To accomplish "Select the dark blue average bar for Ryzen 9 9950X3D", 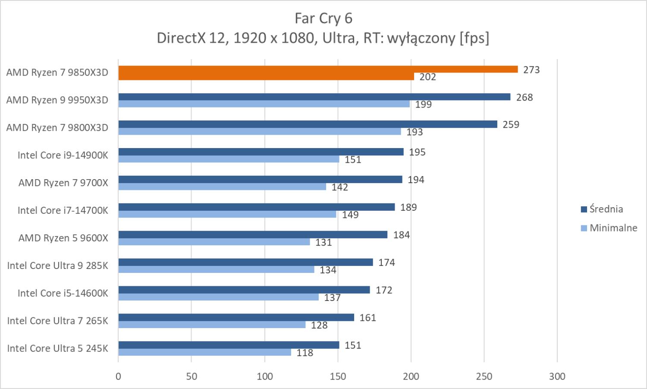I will (314, 97).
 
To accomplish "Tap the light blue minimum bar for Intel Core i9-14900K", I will (229, 159).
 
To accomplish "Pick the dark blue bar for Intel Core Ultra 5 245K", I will (229, 345).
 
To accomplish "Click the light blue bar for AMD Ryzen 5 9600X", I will (214, 242).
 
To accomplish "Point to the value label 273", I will (531, 70).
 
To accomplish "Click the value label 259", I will (511, 125).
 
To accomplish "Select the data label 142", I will (339, 187).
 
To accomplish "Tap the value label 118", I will (305, 353).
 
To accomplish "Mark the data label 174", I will (386, 262).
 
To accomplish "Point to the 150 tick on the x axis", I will (338, 376).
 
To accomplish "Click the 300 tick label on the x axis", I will (557, 376).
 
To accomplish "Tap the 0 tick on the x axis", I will (119, 376).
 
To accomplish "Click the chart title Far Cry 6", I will (323, 19).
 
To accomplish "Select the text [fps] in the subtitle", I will (474, 38).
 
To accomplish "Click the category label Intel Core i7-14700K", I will (63, 210).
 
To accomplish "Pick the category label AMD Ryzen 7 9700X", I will (63, 183).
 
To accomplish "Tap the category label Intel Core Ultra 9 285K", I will (58, 266).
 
